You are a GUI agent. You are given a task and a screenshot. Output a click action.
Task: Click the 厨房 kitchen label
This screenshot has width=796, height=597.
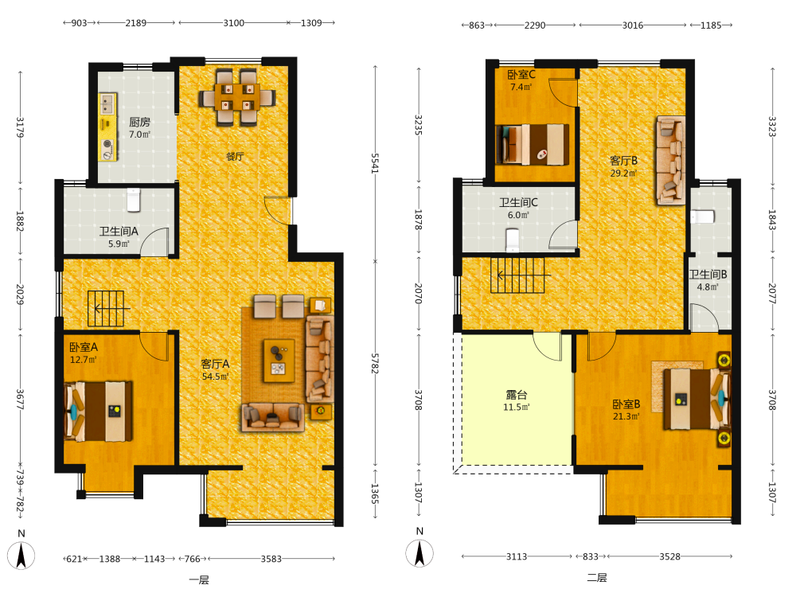pos(139,122)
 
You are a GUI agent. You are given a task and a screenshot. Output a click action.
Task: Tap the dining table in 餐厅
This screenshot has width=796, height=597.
pos(237,97)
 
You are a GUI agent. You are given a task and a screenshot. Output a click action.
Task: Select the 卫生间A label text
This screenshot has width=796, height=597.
pos(119,232)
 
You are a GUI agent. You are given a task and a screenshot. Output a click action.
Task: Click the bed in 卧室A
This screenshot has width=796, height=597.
pos(99,412)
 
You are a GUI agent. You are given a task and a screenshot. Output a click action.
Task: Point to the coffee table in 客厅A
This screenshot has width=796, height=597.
pos(279,361)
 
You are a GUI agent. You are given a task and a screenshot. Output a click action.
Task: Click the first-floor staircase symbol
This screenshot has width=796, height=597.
pos(106,308)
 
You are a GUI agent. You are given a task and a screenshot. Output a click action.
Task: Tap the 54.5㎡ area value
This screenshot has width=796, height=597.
pos(215,377)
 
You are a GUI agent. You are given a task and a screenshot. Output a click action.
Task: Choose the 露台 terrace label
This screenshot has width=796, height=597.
pos(517,395)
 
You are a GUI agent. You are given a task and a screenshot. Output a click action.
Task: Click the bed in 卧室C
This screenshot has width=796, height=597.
pos(532,145)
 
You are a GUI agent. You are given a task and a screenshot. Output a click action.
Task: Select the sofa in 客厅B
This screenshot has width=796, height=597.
pos(671,161)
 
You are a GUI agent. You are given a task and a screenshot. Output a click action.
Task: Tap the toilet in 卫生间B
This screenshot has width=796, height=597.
pos(703,217)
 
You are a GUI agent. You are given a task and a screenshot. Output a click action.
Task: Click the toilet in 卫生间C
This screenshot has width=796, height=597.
pos(513,240)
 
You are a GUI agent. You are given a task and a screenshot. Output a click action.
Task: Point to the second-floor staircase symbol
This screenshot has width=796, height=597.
pos(517,275)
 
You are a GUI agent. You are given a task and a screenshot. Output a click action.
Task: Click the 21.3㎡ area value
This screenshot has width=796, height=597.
pos(626,416)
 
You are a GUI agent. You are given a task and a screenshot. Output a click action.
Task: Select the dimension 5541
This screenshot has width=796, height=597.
pos(375,163)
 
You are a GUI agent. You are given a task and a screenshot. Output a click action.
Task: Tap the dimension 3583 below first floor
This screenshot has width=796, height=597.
pos(271,559)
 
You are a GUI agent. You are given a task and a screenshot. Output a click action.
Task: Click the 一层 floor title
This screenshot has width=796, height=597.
pos(199,579)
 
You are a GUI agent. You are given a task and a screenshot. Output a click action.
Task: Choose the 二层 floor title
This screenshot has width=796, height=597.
pos(597,578)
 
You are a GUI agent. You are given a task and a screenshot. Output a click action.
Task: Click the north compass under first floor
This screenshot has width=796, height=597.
pos(21,556)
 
